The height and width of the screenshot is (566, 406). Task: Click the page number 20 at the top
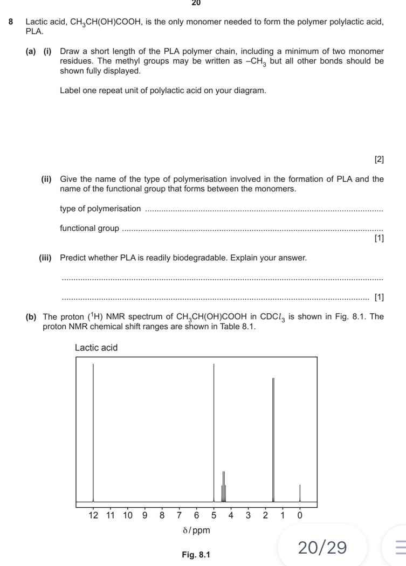[x=196, y=3]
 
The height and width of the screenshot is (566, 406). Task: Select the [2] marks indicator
[x=379, y=159]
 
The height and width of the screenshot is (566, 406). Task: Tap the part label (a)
[x=31, y=52]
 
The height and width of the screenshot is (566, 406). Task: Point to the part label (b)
[x=31, y=316]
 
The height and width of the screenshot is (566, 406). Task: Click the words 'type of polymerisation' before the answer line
[x=100, y=209]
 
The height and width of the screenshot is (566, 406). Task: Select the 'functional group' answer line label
[x=90, y=228]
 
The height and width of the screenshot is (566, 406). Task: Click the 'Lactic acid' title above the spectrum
[x=96, y=348]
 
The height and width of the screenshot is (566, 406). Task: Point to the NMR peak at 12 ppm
[x=93, y=431]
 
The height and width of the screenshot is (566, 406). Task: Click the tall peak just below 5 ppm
[x=214, y=431]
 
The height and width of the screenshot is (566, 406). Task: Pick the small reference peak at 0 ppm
[x=300, y=493]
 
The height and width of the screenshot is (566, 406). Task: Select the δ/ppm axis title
[x=196, y=530]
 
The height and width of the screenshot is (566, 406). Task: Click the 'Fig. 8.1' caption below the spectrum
[x=196, y=555]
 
